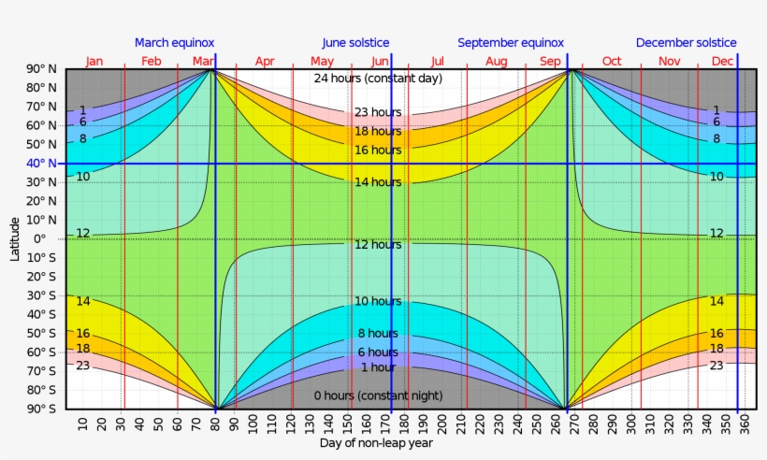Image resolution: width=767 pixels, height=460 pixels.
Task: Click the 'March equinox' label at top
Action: pyautogui.click(x=175, y=43)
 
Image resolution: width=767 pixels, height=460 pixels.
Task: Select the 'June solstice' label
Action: pyautogui.click(x=355, y=43)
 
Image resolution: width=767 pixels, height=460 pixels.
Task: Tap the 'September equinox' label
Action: pyautogui.click(x=511, y=43)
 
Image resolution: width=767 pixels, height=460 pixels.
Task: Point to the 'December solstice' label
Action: pyautogui.click(x=686, y=43)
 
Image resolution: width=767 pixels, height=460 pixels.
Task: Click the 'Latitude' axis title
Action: pyautogui.click(x=15, y=238)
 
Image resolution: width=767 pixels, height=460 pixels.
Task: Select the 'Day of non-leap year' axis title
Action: pyautogui.click(x=375, y=443)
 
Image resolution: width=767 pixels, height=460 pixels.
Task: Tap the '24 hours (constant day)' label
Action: pyautogui.click(x=378, y=78)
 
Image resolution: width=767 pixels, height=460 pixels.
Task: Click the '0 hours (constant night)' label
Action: pyautogui.click(x=377, y=396)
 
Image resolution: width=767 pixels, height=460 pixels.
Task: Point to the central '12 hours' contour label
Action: pyautogui.click(x=377, y=244)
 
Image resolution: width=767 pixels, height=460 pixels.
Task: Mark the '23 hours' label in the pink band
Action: pyautogui.click(x=377, y=112)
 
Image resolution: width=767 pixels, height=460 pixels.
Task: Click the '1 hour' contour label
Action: pyautogui.click(x=377, y=367)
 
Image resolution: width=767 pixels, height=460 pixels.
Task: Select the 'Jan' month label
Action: pyautogui.click(x=94, y=62)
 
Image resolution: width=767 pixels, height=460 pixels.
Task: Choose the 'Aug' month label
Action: pyautogui.click(x=497, y=62)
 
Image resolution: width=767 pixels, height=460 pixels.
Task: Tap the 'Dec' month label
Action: pyautogui.click(x=722, y=62)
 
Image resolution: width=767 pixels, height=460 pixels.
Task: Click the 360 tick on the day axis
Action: pyautogui.click(x=745, y=425)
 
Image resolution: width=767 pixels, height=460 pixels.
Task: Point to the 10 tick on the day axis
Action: pyautogui.click(x=84, y=425)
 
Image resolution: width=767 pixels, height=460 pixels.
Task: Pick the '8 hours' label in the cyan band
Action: pyautogui.click(x=377, y=334)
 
